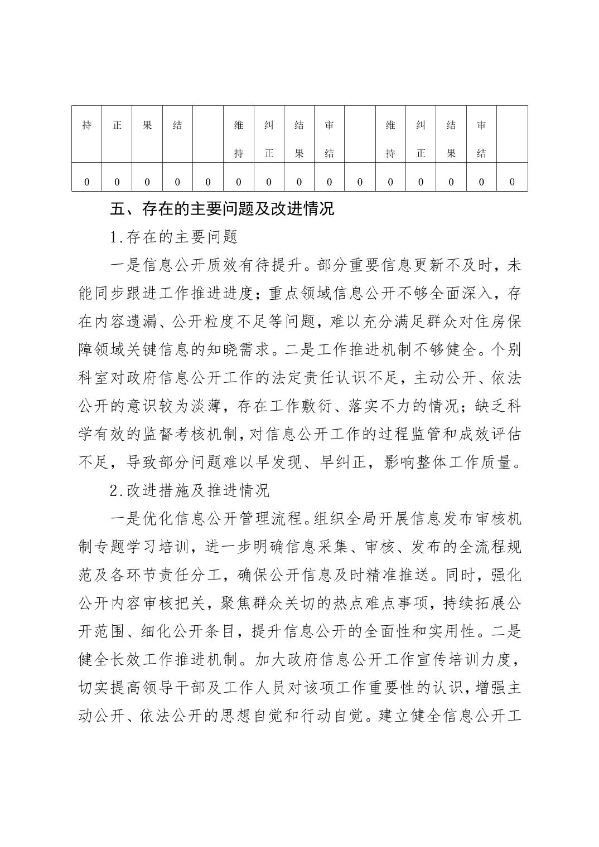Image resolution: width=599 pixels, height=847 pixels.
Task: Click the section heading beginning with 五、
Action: [x=223, y=209]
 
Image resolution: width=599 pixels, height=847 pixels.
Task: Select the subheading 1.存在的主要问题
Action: [x=175, y=237]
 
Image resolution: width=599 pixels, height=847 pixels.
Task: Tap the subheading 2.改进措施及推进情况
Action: [x=190, y=490]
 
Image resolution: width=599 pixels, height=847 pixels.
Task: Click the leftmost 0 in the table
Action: [x=86, y=182]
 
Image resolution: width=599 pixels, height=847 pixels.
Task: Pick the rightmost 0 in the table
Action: [x=512, y=182]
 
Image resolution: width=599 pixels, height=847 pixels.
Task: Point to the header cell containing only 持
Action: [x=86, y=125]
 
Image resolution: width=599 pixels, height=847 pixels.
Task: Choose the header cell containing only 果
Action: [x=147, y=125]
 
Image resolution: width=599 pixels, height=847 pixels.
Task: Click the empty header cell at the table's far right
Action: [x=512, y=134]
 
